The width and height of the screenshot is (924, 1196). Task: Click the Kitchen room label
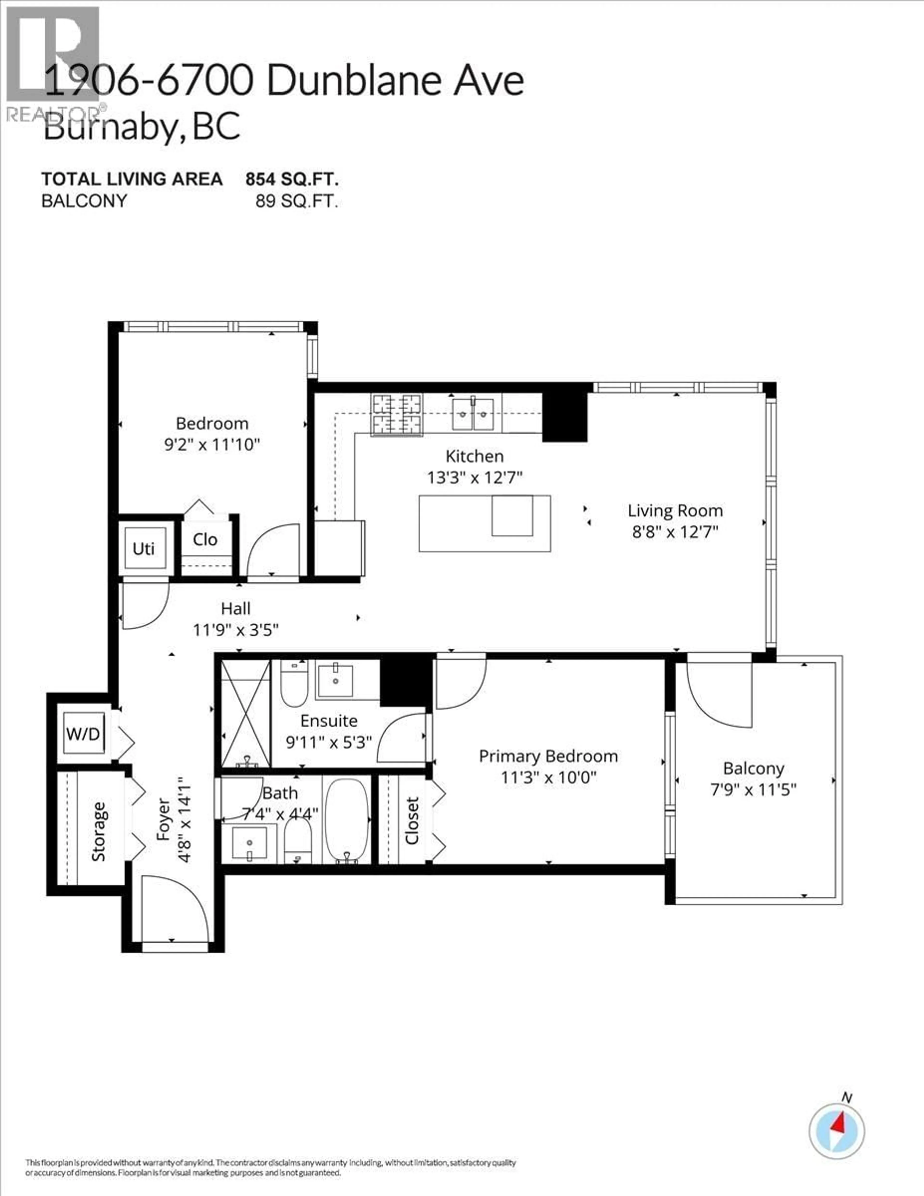[474, 456]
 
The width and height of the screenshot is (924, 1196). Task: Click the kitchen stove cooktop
[397, 415]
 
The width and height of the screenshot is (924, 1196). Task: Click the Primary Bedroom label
[548, 756]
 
